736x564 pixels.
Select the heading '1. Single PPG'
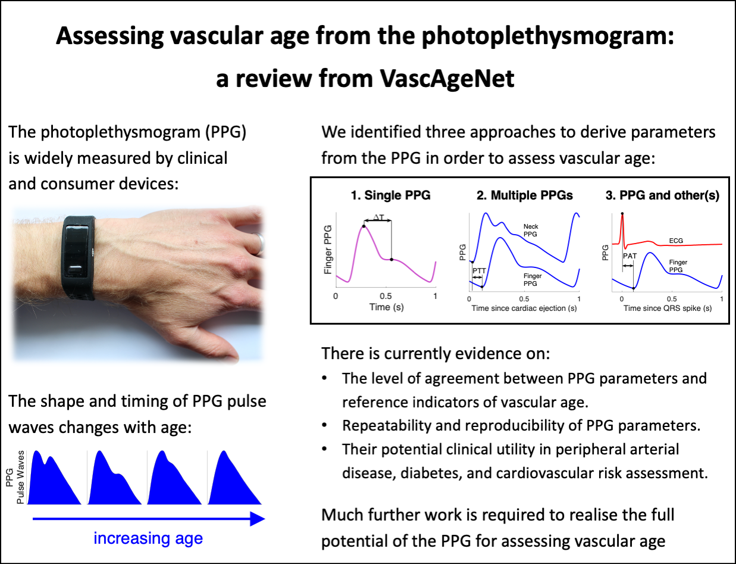coord(389,195)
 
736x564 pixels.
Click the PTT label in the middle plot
coord(478,270)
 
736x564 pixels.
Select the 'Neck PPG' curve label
coord(531,230)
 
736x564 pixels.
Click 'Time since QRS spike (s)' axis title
coord(668,309)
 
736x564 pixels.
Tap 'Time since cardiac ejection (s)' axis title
coord(523,309)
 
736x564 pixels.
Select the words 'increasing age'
coord(148,539)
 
